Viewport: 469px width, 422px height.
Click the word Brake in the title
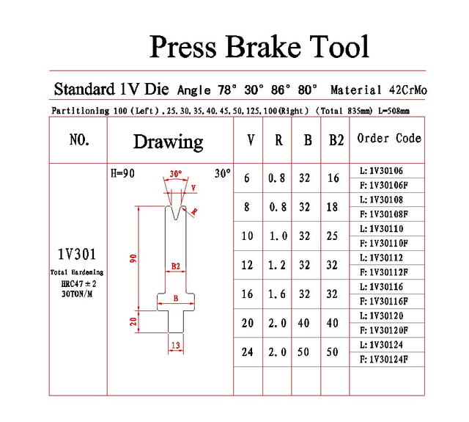pyautogui.click(x=263, y=46)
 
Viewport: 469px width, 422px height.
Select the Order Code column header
pyautogui.click(x=389, y=138)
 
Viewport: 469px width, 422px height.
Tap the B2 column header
pyautogui.click(x=336, y=140)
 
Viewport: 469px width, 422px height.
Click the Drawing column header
pyautogui.click(x=168, y=142)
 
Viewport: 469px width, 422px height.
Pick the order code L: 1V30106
pyautogui.click(x=381, y=171)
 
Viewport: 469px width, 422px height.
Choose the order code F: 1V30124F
pyautogui.click(x=384, y=359)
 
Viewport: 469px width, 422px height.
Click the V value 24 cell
pyautogui.click(x=248, y=352)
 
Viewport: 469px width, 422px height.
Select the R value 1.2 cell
pyautogui.click(x=277, y=265)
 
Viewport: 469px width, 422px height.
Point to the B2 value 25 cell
pyautogui.click(x=332, y=236)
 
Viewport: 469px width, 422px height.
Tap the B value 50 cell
pyautogui.click(x=303, y=352)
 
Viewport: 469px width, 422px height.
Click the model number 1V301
pyautogui.click(x=77, y=254)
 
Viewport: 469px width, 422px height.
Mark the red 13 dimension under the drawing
pyautogui.click(x=176, y=345)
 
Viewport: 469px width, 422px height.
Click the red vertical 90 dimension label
pyautogui.click(x=133, y=258)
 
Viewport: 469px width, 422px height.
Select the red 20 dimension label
pyautogui.click(x=133, y=321)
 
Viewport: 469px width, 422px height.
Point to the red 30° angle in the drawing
pyautogui.click(x=176, y=174)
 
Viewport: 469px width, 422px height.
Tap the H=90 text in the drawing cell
pyautogui.click(x=122, y=173)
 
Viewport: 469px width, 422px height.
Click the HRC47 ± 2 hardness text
pyautogui.click(x=78, y=283)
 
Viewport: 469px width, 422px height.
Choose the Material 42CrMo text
pyautogui.click(x=379, y=90)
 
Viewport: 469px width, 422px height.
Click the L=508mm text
pyautogui.click(x=394, y=111)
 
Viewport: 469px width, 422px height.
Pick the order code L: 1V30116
pyautogui.click(x=381, y=287)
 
